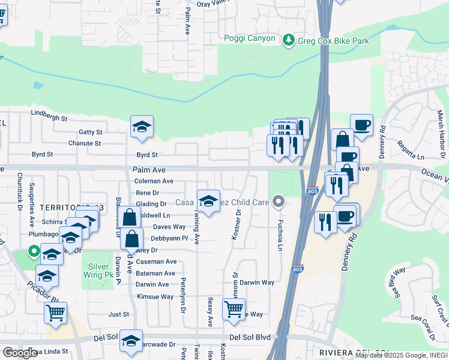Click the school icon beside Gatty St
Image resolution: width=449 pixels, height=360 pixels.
tap(142, 127)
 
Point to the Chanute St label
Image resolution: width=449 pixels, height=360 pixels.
tap(84, 143)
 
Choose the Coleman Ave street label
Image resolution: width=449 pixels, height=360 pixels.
tap(154, 181)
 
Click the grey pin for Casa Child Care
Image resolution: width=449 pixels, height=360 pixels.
tap(278, 202)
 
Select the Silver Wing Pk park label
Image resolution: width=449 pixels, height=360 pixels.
tap(101, 271)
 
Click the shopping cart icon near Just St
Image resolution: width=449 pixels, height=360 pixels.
tap(55, 312)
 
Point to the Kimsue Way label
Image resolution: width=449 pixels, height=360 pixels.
tap(155, 296)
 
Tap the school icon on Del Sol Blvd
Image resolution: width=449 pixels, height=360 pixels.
tap(131, 341)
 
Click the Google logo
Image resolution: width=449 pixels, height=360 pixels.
tap(20, 353)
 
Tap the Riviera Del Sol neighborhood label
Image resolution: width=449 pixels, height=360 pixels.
tap(354, 352)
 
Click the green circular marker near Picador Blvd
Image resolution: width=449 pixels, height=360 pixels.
tap(34, 253)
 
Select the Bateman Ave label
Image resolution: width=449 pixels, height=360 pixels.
tap(155, 273)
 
